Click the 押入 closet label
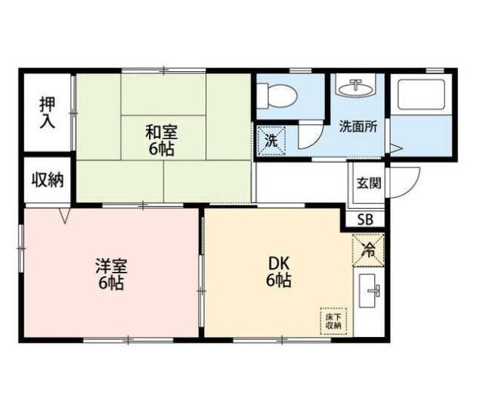click(47, 112)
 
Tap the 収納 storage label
click(47, 180)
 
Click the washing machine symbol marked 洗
click(270, 139)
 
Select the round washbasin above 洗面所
click(354, 89)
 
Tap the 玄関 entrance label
click(368, 182)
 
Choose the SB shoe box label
click(365, 220)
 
